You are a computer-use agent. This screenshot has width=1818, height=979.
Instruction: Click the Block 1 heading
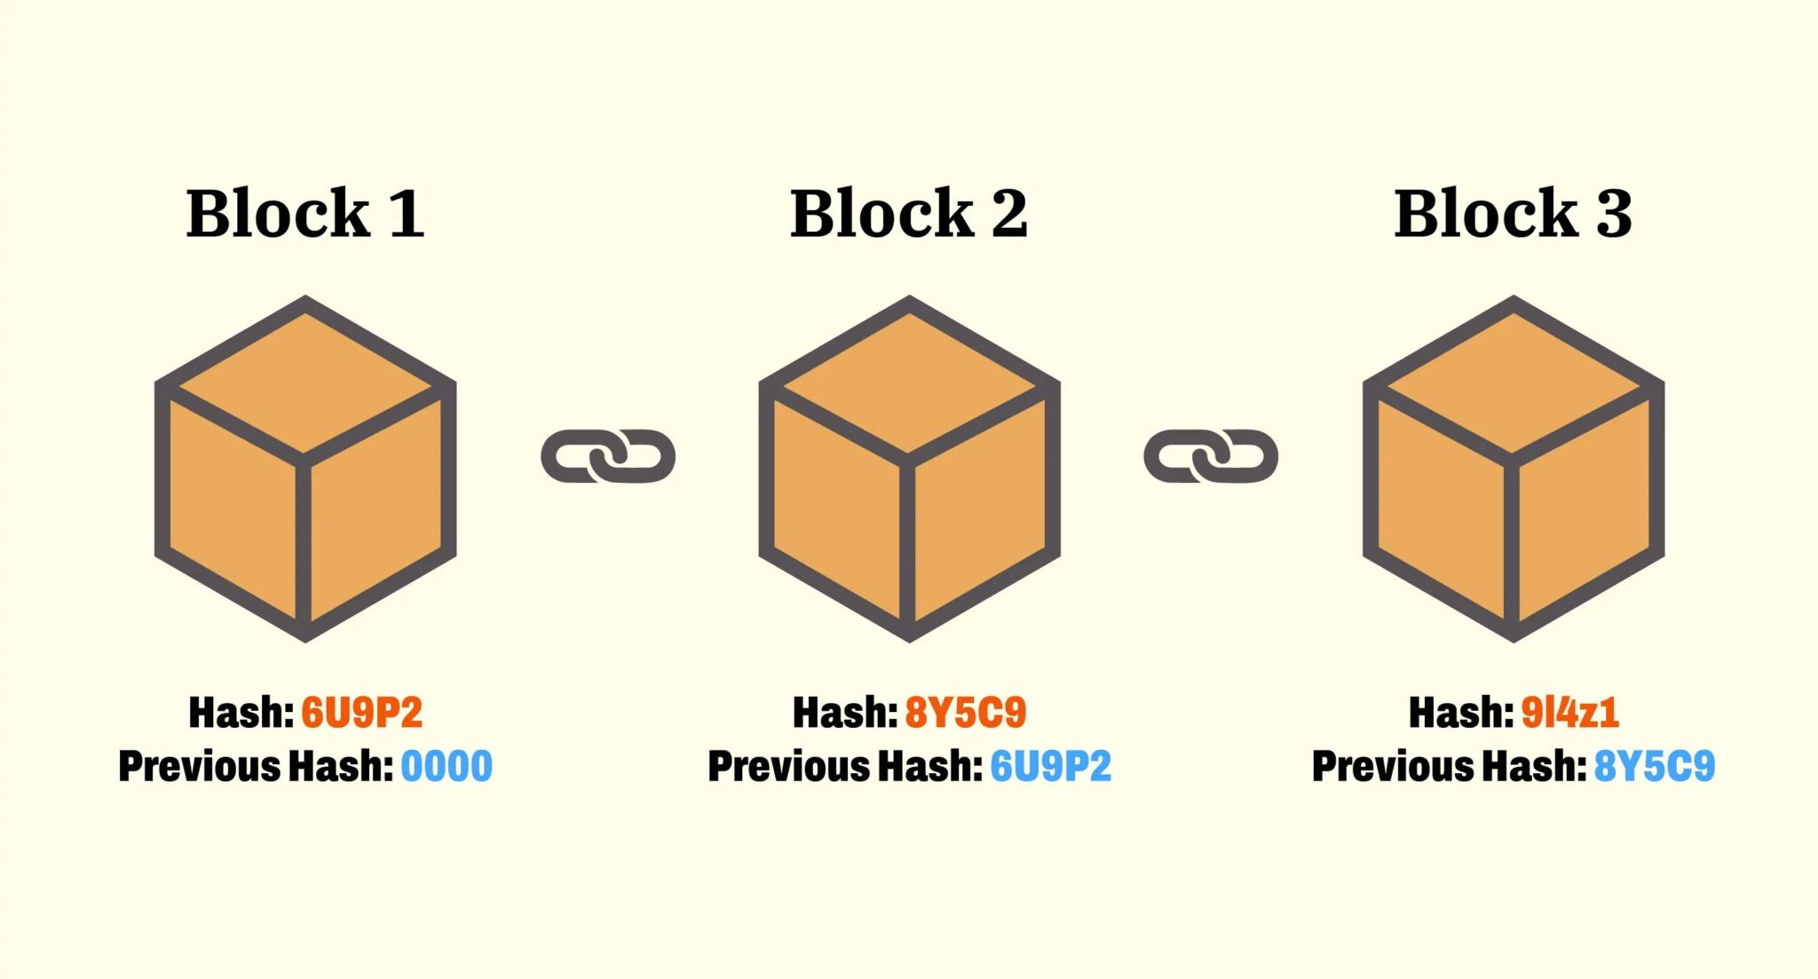click(x=305, y=214)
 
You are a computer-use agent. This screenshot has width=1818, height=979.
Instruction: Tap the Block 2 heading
click(x=909, y=214)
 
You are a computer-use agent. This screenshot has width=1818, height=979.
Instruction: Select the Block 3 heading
click(x=1513, y=214)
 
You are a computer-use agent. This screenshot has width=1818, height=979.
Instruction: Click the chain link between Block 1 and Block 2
click(x=608, y=456)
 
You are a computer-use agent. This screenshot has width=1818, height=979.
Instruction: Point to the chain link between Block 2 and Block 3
click(x=1211, y=456)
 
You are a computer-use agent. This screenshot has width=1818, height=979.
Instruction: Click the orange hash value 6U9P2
click(x=362, y=713)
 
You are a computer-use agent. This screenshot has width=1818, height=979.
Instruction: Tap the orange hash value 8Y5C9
click(x=966, y=713)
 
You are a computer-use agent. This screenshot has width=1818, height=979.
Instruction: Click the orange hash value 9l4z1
click(x=1570, y=713)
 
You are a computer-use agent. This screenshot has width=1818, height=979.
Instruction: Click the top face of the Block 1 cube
click(x=305, y=382)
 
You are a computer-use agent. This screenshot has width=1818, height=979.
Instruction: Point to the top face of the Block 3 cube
click(x=1513, y=382)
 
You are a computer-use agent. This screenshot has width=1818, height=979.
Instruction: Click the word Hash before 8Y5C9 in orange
click(x=845, y=713)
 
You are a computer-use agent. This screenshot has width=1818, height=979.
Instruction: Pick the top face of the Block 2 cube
click(x=909, y=382)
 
